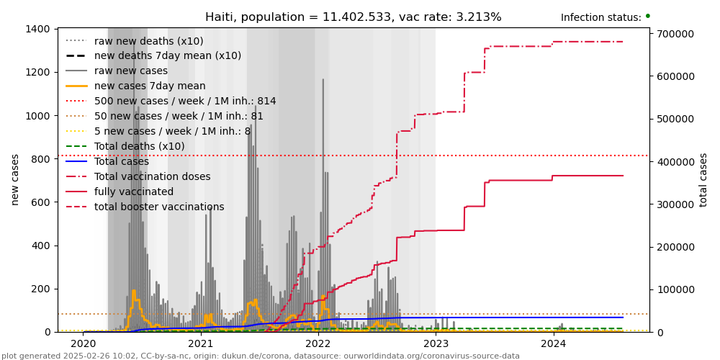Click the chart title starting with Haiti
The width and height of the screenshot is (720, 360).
[353, 17]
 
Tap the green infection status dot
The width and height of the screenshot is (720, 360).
[647, 16]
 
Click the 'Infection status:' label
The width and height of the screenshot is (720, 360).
[600, 17]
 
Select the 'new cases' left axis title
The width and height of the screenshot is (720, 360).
[15, 179]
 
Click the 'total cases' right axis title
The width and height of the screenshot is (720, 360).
[703, 179]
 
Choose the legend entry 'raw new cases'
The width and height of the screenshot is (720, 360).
[130, 71]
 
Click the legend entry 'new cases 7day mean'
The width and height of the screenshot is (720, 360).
[149, 86]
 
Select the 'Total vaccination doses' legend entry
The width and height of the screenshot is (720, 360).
[152, 177]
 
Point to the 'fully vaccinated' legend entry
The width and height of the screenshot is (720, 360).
[133, 192]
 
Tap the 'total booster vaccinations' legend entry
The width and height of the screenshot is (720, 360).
[158, 207]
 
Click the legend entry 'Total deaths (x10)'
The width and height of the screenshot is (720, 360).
[139, 147]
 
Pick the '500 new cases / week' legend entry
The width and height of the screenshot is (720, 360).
[184, 102]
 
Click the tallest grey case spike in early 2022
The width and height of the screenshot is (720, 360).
[323, 81]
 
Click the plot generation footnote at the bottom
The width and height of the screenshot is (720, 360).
[260, 356]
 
